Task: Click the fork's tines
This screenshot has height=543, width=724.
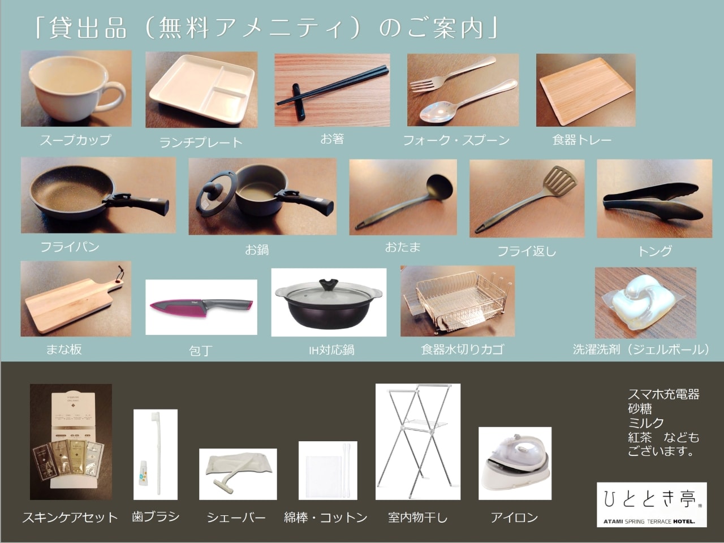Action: tap(420, 85)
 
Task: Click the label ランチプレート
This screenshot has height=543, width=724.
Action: tap(200, 143)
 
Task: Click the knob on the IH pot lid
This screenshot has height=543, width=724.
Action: tap(329, 283)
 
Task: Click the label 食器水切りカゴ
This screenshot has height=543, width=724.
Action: tap(462, 350)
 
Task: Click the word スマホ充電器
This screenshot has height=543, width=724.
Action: tap(663, 394)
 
